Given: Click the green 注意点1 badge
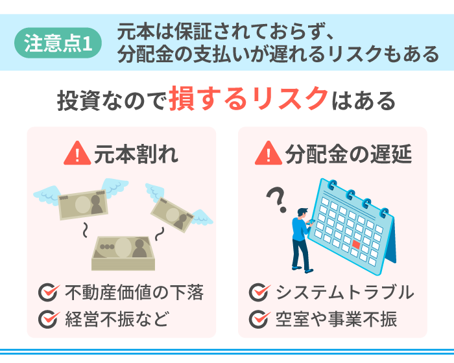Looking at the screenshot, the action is point(58,43).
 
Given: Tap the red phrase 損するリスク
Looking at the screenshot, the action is point(248,99).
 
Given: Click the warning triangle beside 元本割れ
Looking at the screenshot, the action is point(77,153).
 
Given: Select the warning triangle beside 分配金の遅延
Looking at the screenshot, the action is point(269,153).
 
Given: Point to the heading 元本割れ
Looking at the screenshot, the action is point(136,154).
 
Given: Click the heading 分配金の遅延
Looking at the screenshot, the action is point(348,154).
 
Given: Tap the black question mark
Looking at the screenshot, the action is point(277,200).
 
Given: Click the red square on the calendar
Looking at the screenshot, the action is point(356,244).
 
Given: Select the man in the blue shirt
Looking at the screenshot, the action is point(303,240).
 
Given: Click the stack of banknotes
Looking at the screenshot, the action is point(123,253).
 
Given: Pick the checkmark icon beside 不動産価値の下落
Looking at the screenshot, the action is point(49,292).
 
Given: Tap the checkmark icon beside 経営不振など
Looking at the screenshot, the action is point(49,319).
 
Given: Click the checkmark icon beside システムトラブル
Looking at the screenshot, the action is point(259,292).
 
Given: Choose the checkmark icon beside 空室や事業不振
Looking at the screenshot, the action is point(259,319).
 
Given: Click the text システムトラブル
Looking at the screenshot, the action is point(345,292).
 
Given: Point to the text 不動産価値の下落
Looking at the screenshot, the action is point(135,292).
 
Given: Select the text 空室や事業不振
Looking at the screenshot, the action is point(336,319).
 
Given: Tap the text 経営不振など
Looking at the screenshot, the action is point(117,319).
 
